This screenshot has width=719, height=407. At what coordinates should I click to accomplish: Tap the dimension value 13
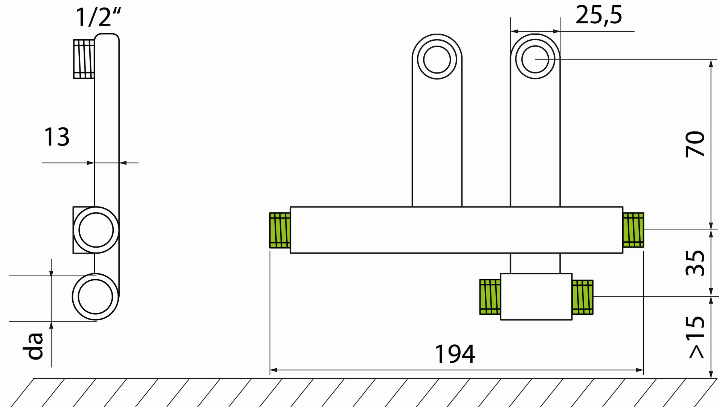(x=57, y=137)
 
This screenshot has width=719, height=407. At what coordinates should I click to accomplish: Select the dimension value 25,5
(x=599, y=15)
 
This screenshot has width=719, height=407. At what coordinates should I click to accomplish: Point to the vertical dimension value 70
(x=695, y=144)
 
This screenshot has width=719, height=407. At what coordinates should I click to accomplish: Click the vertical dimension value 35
(x=695, y=263)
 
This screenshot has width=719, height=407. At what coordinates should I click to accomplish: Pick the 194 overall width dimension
(x=455, y=354)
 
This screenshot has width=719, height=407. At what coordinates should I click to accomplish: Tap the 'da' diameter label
(x=33, y=346)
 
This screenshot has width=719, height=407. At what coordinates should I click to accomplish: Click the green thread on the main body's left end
(x=280, y=230)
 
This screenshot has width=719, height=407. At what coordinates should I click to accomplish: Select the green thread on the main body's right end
(x=633, y=230)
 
